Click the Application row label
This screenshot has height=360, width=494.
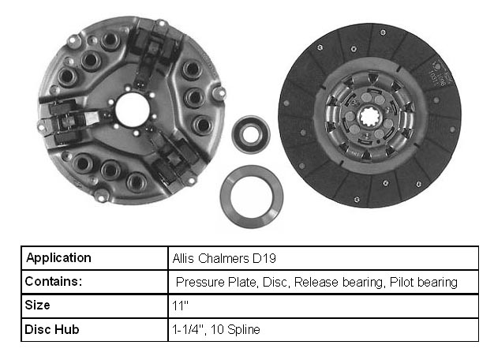[58, 258]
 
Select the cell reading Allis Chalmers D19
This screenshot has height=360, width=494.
[324, 258]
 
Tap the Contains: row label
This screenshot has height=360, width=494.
[53, 281]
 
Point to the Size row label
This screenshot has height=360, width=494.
[37, 305]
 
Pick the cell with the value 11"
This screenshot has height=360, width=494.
[324, 306]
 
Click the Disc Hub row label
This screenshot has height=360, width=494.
[51, 329]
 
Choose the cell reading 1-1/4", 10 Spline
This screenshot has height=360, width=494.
[324, 330]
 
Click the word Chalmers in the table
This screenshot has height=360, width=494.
[223, 258]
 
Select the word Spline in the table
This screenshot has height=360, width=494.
[244, 330]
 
